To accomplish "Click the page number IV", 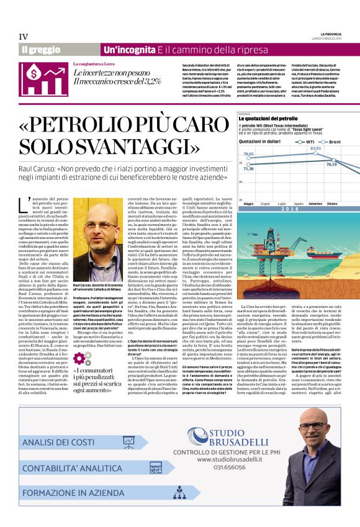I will click(24, 37).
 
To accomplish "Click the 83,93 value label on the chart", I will click(316, 148).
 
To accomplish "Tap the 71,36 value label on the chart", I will click(248, 168).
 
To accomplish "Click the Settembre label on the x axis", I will click(315, 203).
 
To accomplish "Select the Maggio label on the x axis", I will click(248, 203).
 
